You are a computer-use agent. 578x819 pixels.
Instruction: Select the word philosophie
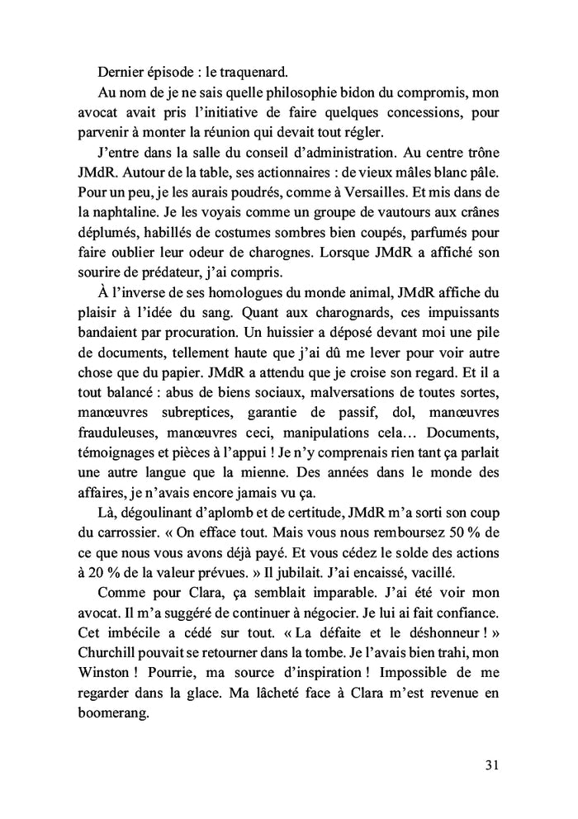tap(281, 93)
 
